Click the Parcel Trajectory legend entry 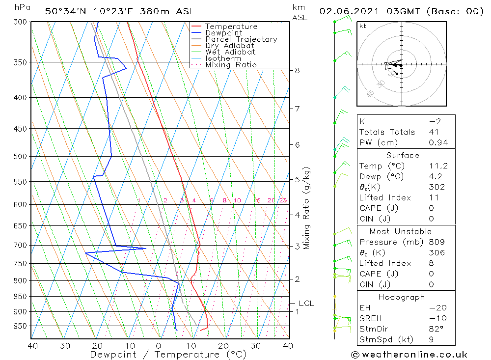[241, 39]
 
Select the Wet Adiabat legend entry [230, 52]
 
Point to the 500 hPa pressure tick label [20, 157]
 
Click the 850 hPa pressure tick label [20, 297]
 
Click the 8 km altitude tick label [298, 71]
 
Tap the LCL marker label [306, 304]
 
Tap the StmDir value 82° [435, 329]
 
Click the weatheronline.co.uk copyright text [409, 355]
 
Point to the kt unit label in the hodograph [363, 26]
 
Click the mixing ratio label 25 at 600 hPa [283, 200]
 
